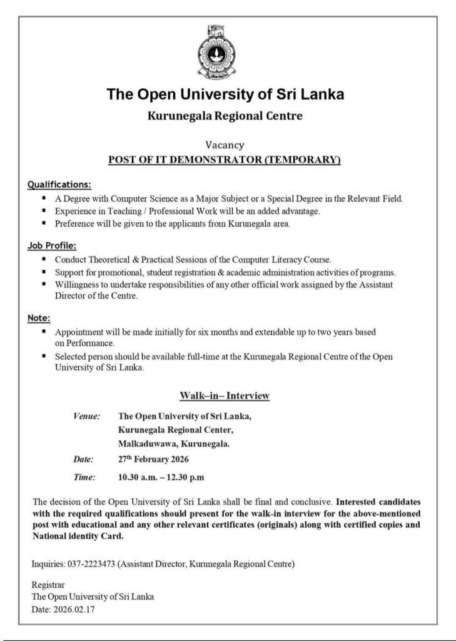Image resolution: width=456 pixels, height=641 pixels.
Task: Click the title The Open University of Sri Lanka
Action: click(x=225, y=96)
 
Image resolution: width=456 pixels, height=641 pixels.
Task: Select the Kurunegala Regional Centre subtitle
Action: click(x=225, y=116)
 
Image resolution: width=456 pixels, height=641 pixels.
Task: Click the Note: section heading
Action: click(x=39, y=318)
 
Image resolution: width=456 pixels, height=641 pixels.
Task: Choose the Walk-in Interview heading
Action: click(x=224, y=396)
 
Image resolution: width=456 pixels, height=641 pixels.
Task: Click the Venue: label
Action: click(x=87, y=416)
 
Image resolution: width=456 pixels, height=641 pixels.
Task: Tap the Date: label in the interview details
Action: click(x=84, y=460)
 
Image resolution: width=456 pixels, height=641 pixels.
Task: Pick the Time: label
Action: click(x=84, y=478)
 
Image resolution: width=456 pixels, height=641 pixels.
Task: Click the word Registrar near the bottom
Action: click(x=46, y=585)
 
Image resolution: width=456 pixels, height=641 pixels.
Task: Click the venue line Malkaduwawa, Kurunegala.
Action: click(x=174, y=444)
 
